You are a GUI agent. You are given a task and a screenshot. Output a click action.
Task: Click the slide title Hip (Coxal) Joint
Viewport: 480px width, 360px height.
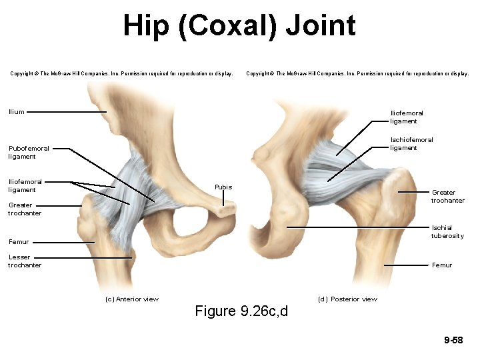coord(239,26)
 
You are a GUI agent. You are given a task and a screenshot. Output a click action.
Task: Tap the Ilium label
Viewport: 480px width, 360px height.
coord(17,112)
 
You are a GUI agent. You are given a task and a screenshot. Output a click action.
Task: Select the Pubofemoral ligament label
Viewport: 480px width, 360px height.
coord(29,153)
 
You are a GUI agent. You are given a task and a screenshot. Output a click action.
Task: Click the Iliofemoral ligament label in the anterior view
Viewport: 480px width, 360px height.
coord(25,185)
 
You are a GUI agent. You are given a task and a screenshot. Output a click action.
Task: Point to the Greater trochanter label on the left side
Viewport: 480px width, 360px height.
coord(25,209)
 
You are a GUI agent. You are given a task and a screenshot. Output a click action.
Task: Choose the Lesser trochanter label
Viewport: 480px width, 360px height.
coord(25,261)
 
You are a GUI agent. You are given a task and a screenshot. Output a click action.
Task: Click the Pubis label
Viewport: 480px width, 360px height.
coord(223,187)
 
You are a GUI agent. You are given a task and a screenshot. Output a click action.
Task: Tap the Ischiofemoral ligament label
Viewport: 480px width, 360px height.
coord(411,144)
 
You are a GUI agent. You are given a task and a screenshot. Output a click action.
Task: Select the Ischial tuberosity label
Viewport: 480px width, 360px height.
coord(447,231)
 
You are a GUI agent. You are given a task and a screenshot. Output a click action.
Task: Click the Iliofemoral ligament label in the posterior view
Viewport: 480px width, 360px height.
coord(406,117)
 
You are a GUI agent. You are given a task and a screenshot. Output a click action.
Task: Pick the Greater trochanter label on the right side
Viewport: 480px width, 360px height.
coord(447,196)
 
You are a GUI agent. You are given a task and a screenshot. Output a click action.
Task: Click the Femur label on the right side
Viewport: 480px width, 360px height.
coord(442,265)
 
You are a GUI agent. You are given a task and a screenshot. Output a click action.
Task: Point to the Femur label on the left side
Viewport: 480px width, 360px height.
coord(19,242)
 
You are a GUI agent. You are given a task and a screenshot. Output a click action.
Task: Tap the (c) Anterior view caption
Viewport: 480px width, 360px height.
coord(132,299)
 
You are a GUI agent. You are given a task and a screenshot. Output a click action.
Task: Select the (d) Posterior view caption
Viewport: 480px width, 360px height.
coord(347,299)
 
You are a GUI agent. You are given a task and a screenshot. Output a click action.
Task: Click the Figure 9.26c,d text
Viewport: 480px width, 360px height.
coord(241,311)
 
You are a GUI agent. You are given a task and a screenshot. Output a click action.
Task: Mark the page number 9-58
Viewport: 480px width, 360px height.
coord(453,341)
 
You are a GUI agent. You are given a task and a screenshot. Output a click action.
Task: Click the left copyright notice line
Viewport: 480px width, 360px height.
coord(121,74)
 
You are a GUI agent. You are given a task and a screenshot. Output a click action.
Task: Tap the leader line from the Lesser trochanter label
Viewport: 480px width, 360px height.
coord(80,257)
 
